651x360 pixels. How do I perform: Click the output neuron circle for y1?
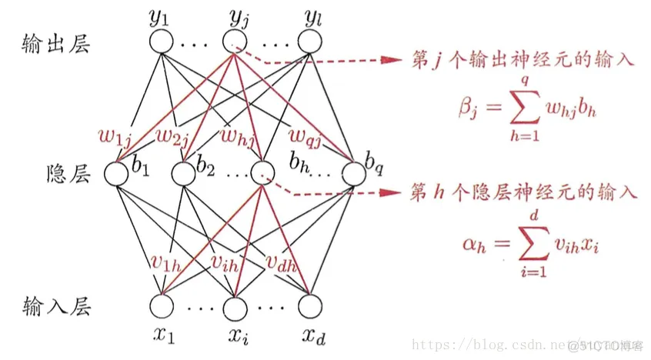click(162, 41)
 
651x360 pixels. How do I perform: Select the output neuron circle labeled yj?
click(234, 41)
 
